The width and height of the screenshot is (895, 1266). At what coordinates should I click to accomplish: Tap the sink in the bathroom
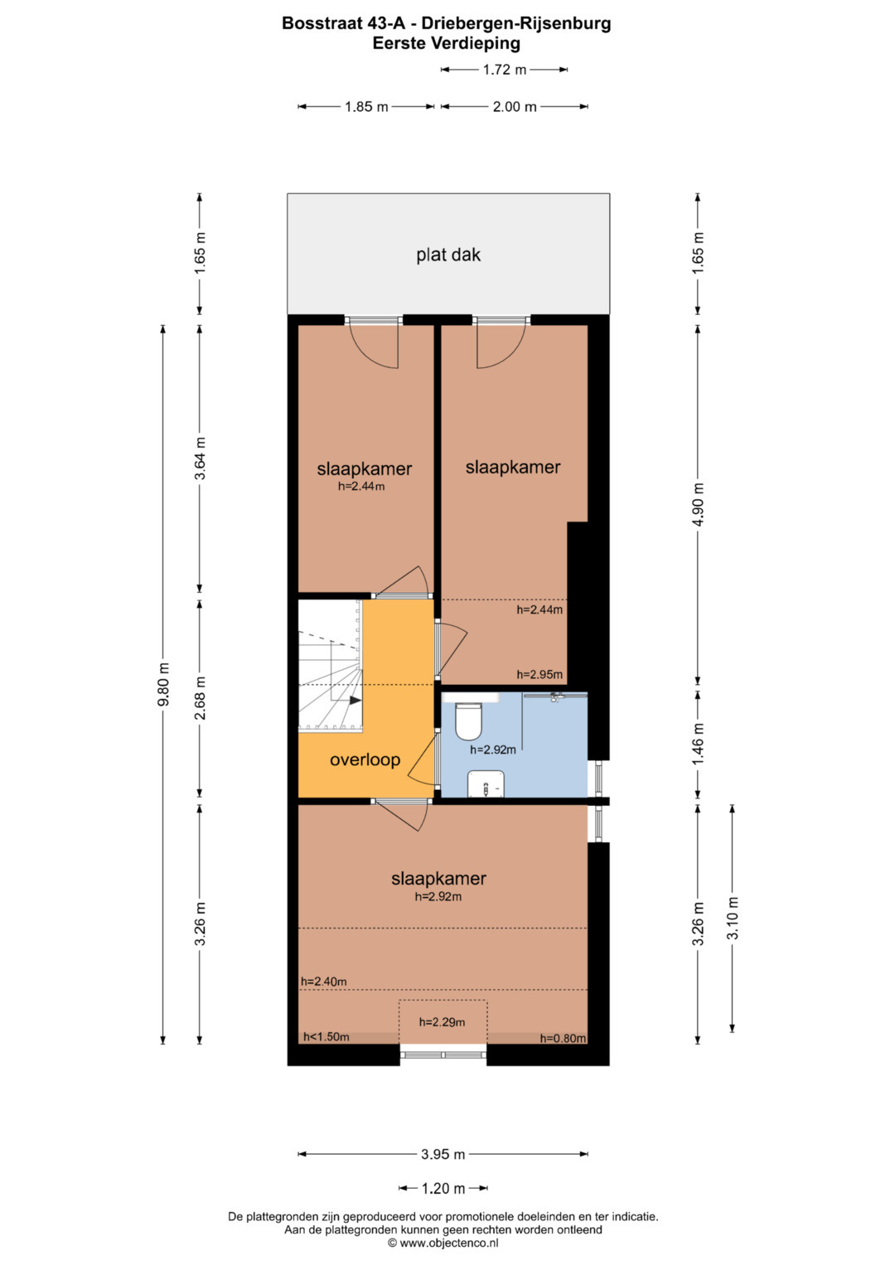(486, 784)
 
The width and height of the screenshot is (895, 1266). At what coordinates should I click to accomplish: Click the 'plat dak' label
(448, 255)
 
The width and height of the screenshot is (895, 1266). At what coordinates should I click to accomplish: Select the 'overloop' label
(365, 759)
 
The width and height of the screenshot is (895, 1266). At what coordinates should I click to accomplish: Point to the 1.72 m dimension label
(504, 70)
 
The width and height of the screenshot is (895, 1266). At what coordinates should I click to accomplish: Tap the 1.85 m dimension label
(366, 106)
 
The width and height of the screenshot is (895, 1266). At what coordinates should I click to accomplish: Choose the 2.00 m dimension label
(514, 106)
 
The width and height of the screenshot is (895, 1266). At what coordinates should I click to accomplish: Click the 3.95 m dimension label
(443, 1154)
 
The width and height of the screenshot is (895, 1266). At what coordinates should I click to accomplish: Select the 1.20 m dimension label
(443, 1189)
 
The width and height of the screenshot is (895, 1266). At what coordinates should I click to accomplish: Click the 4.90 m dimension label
(699, 504)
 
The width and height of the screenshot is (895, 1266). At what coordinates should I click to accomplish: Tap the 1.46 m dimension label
(699, 745)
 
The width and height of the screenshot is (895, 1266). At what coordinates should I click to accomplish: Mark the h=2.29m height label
(442, 1022)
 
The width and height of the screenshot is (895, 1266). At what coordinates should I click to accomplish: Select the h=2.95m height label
(539, 674)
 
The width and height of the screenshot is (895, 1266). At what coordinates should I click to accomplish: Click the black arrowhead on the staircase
(356, 701)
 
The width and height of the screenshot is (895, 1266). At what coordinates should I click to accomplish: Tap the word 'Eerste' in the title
(399, 43)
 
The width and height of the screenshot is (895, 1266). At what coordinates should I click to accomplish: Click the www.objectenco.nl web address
(449, 1243)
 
